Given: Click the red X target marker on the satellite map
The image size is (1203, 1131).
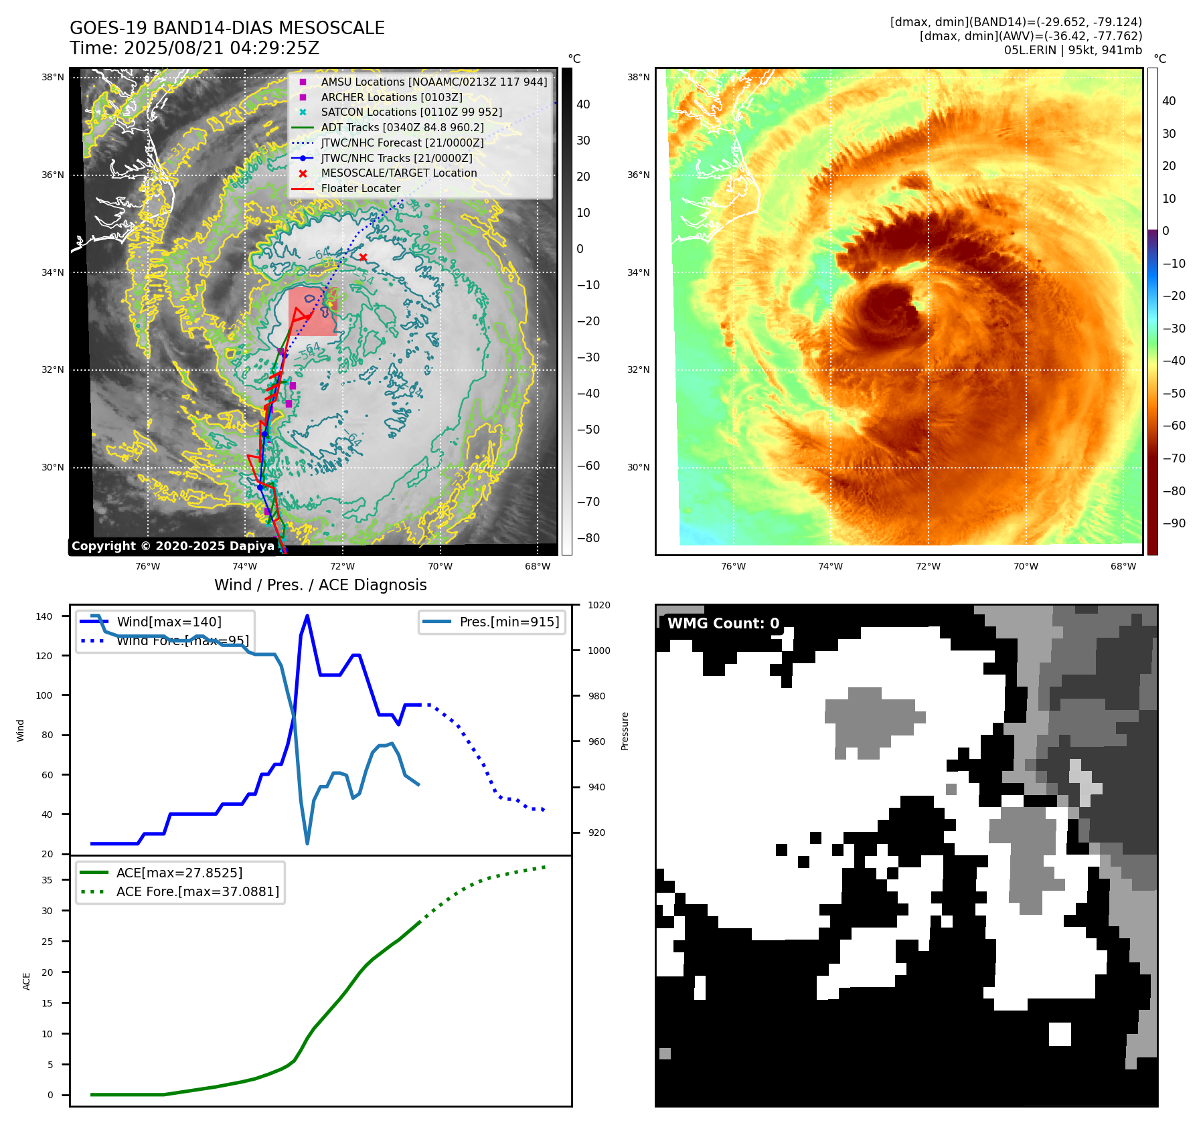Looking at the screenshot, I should [x=363, y=258].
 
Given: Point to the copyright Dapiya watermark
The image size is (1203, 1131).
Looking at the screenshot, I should [x=173, y=546].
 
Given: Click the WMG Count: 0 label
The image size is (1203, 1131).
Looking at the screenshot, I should [x=723, y=624].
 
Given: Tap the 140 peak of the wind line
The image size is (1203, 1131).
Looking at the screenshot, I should [x=307, y=616].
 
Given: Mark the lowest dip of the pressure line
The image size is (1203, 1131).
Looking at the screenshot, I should [x=307, y=843].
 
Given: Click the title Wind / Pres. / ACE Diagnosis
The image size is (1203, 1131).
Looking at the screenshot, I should [x=320, y=585].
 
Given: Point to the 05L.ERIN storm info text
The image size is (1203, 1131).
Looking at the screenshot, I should [x=1072, y=50].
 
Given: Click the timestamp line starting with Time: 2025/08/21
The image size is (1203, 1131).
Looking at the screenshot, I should [x=194, y=48].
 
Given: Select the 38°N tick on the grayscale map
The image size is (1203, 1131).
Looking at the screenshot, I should [x=53, y=78].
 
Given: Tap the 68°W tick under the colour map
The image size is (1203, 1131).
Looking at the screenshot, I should [x=1123, y=566].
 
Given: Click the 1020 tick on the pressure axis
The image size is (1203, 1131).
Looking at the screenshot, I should [x=598, y=605].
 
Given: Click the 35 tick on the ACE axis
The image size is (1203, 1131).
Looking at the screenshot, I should [x=48, y=880].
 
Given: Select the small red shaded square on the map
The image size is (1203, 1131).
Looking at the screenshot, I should [x=313, y=311].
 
